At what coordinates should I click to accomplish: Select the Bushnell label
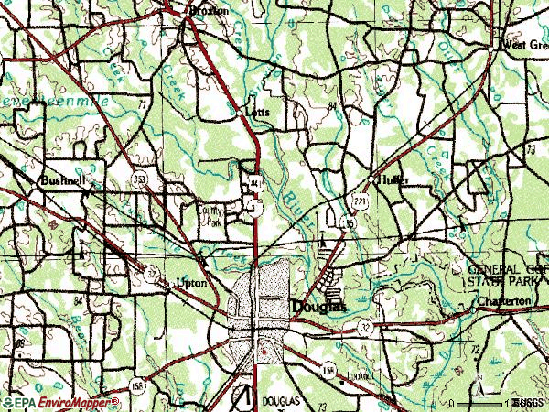pos(62,181)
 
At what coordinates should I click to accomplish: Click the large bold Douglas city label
pos(319,308)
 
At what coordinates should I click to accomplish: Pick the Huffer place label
pos(392,179)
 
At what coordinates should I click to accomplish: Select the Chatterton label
pos(502,301)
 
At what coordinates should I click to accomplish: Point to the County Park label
pos(211,215)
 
